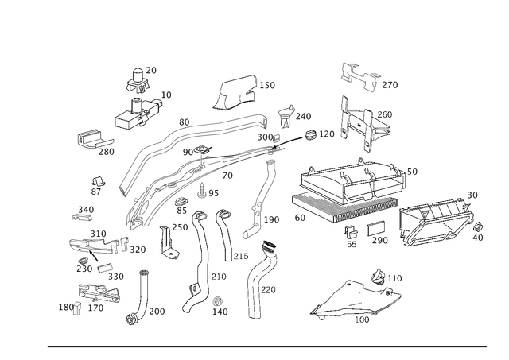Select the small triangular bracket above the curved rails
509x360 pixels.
pos(231,94)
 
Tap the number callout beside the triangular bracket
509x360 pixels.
pos(268,84)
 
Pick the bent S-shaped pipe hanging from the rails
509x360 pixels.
pos(258,199)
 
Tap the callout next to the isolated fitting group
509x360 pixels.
pos(393,83)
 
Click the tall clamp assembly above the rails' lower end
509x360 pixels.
pos(140,99)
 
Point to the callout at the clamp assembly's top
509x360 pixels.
pos(151,72)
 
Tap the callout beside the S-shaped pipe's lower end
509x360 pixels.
pos(274,218)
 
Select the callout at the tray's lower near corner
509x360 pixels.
pos(300,215)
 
